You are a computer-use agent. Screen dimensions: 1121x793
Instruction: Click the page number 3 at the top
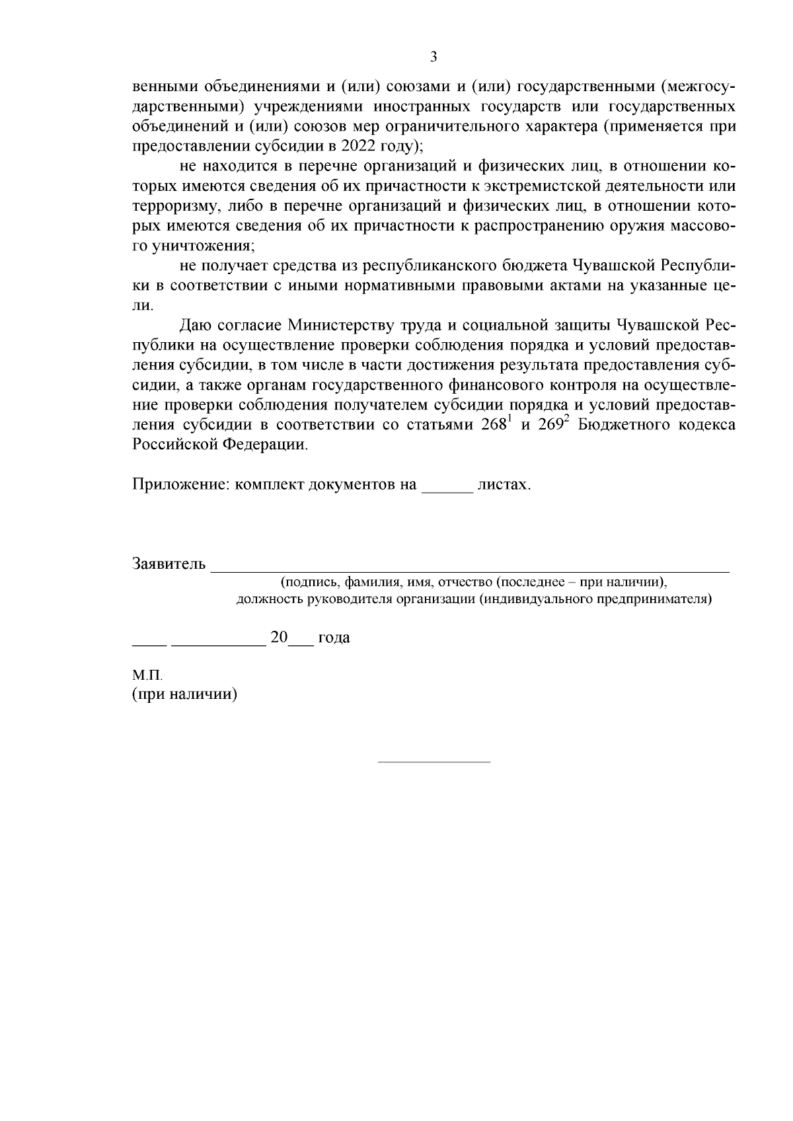(x=434, y=57)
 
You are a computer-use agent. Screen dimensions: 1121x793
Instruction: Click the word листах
(x=504, y=485)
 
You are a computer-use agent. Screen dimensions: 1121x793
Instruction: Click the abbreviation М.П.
(x=147, y=676)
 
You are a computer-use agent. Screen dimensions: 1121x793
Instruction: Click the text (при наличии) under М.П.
(x=184, y=695)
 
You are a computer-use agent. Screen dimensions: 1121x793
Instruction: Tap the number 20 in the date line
(x=279, y=637)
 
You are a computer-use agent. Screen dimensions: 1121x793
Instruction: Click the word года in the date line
(x=334, y=638)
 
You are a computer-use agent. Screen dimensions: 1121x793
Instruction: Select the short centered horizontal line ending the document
(x=434, y=762)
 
